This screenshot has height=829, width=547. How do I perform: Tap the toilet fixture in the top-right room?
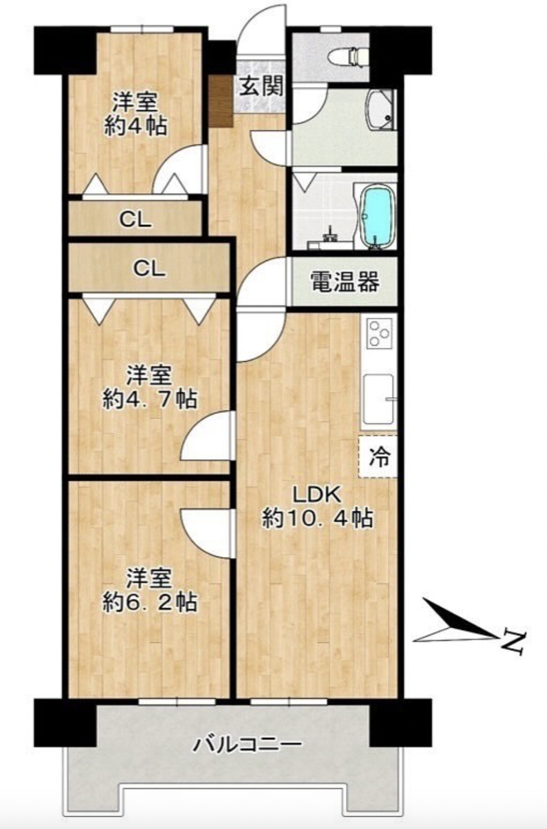[x=348, y=56]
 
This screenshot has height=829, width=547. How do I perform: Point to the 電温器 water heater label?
[x=345, y=282]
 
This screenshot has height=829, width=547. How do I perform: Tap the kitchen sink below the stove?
[x=378, y=399]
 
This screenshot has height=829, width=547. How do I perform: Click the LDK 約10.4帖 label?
[x=316, y=507]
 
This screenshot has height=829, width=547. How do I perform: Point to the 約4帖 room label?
[x=136, y=114]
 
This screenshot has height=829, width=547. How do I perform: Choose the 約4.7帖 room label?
[x=149, y=387]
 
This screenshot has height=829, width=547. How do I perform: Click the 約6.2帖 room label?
[x=149, y=590]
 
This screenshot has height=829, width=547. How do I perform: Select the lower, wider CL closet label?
[x=149, y=268]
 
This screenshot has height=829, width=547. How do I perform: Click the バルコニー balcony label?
[x=247, y=744]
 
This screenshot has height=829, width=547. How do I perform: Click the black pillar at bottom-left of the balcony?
[x=65, y=722]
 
